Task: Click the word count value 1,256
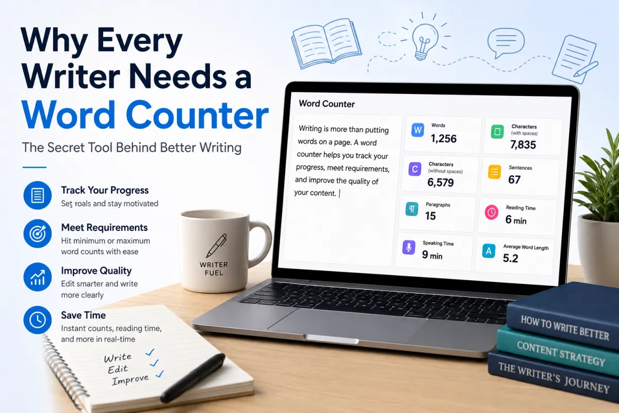coord(444,138)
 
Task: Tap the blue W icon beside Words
coord(417,130)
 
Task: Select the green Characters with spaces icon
coord(497,132)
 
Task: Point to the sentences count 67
coord(514,180)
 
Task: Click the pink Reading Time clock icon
coord(491,212)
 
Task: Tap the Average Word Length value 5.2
coord(510,258)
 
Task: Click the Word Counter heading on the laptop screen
coord(327,104)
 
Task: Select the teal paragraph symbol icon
coord(412,209)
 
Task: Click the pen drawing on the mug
coord(217,245)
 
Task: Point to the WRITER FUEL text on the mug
coord(214,268)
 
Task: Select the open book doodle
coord(326,43)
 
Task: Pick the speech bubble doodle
coord(506,42)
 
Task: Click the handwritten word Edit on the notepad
coord(118,369)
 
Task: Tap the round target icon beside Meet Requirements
coord(37,234)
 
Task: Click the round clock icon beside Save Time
coord(37,320)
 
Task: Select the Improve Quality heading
coord(96,271)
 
